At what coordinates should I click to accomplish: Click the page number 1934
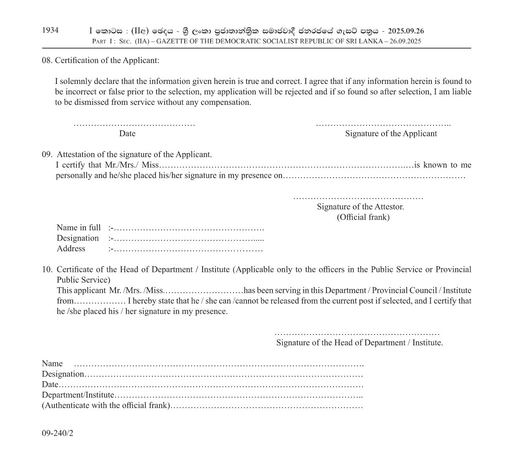pos(50,30)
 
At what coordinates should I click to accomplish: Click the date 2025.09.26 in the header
pos(405,31)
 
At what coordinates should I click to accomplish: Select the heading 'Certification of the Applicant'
pos(107,60)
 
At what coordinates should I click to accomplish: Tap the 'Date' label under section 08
pos(127,134)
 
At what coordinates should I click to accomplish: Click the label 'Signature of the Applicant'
pos(391,134)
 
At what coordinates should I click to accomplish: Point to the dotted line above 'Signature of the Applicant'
pos(383,124)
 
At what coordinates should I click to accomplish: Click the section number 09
pos(46,155)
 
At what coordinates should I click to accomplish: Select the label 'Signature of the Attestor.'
pos(360,207)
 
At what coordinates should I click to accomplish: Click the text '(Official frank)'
pos(363,217)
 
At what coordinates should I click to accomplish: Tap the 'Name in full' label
pos(79,228)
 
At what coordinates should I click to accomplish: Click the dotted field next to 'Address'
pos(188,249)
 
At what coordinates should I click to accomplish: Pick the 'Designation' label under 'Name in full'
pos(78,238)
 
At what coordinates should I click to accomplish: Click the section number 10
pos(47,269)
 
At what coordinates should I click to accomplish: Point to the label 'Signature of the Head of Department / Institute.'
pos(359,343)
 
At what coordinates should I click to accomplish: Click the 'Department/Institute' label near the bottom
pos(78,395)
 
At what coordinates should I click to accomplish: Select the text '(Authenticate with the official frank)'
pos(106,406)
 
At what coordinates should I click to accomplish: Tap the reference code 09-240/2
pos(57,433)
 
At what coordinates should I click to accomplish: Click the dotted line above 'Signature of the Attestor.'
pos(358,198)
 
